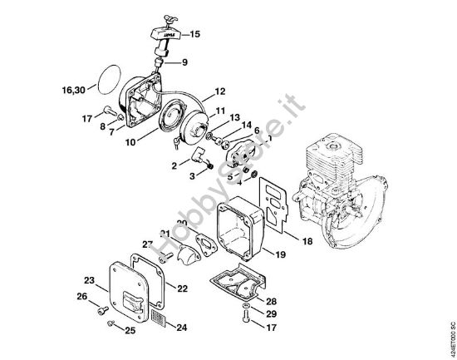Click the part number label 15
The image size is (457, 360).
[x=195, y=34]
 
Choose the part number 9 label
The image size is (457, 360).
[x=184, y=62]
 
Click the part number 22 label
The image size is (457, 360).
[x=182, y=288]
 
